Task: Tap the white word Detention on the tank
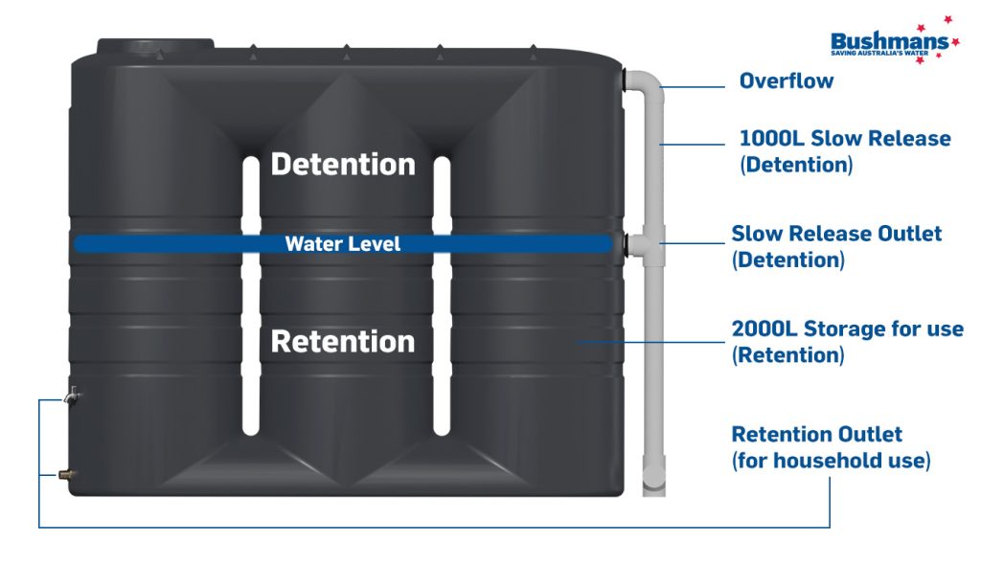[343, 164]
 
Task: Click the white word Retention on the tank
[343, 341]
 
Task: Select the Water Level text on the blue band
[343, 244]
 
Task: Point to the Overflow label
[786, 81]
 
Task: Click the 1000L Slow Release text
[844, 138]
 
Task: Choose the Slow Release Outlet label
[836, 234]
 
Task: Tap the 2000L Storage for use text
[847, 329]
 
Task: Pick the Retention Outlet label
[816, 435]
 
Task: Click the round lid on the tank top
[155, 46]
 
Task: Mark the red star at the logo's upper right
[947, 19]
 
